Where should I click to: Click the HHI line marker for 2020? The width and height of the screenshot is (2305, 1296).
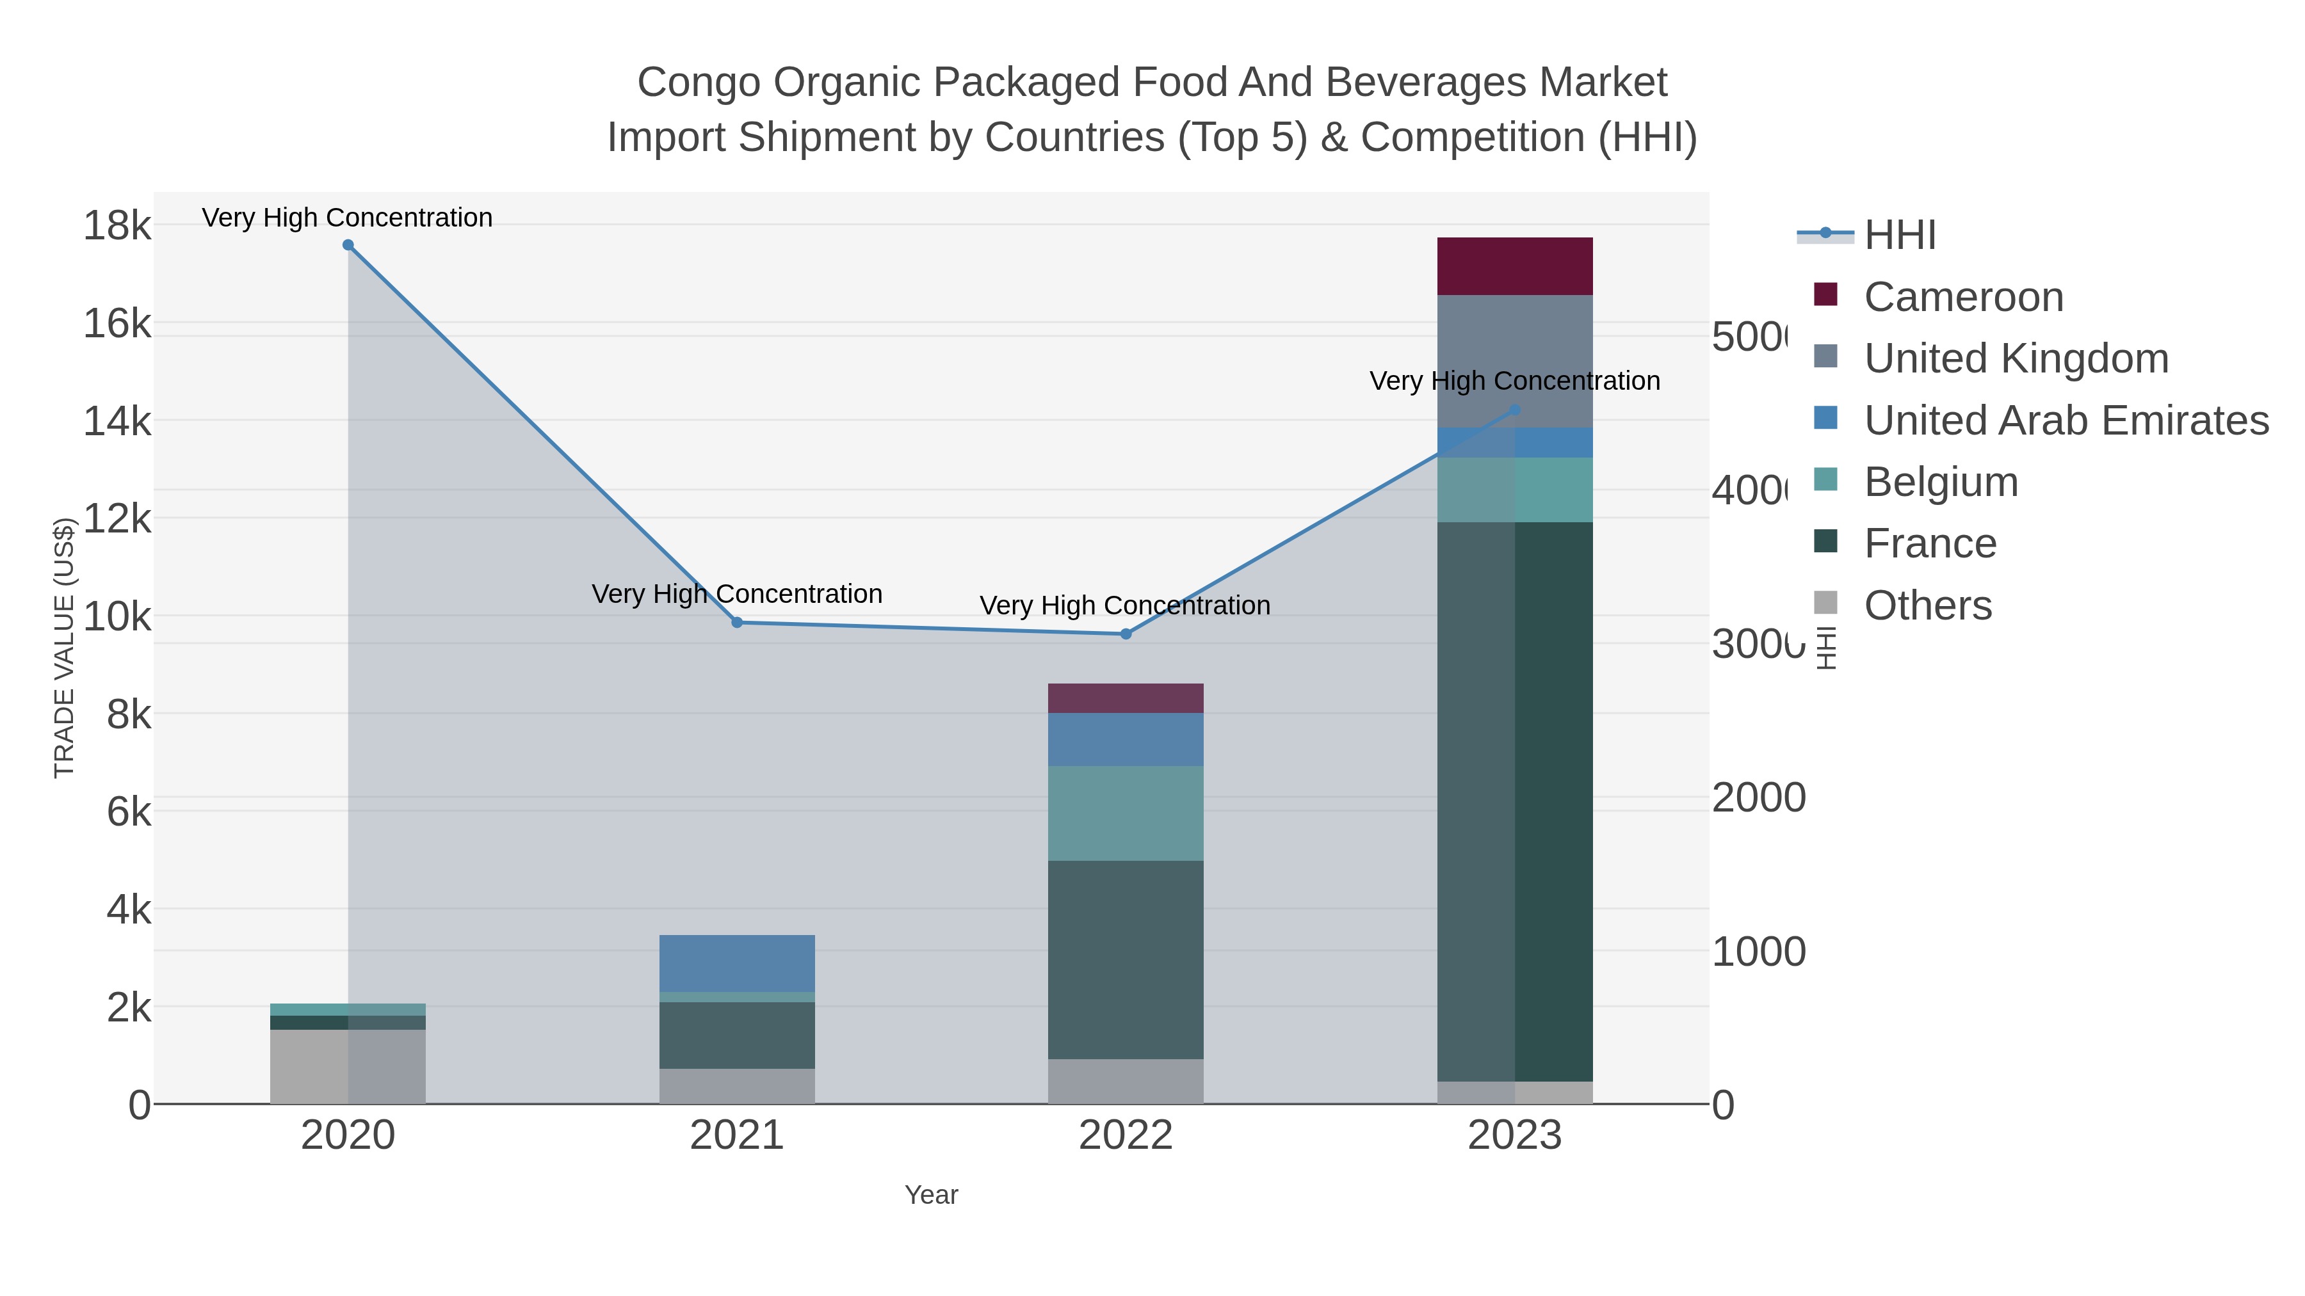click(348, 245)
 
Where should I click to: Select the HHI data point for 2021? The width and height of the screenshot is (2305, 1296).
click(738, 623)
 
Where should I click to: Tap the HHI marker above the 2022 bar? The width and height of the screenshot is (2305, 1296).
click(1126, 634)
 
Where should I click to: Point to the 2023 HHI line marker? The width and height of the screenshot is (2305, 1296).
click(1515, 410)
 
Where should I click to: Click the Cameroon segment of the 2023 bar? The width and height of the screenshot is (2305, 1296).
click(1515, 266)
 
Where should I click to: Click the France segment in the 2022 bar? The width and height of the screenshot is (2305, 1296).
click(1126, 960)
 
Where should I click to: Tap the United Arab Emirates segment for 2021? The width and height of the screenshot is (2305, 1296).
click(738, 963)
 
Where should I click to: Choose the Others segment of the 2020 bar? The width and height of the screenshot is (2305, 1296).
click(348, 1066)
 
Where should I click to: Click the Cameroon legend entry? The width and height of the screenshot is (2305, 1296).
click(1963, 297)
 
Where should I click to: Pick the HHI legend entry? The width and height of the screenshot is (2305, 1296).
click(1900, 236)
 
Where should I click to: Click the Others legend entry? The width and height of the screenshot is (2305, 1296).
click(1927, 605)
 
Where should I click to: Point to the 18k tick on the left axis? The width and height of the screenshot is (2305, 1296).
click(117, 225)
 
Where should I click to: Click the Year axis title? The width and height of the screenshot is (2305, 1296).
click(930, 1195)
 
